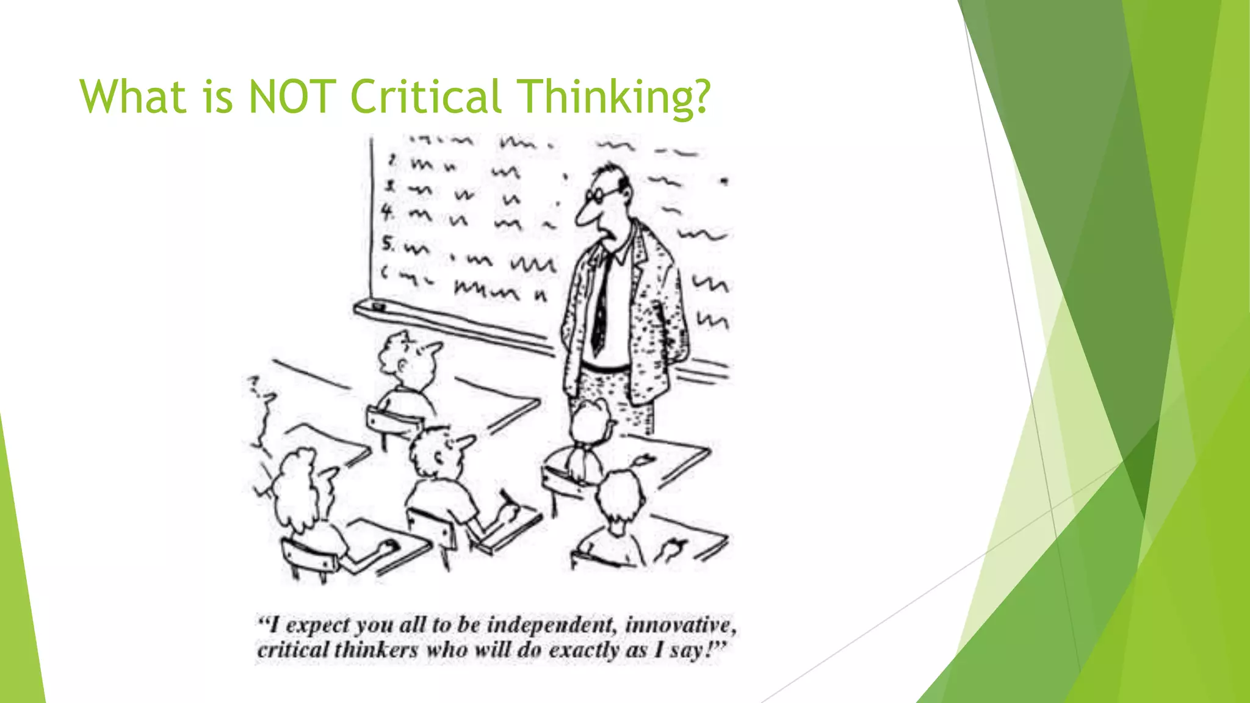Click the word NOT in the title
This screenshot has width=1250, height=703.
292,96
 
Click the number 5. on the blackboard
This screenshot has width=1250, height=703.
388,244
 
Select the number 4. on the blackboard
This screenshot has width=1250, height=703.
387,212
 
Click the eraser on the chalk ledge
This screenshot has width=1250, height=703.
378,306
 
